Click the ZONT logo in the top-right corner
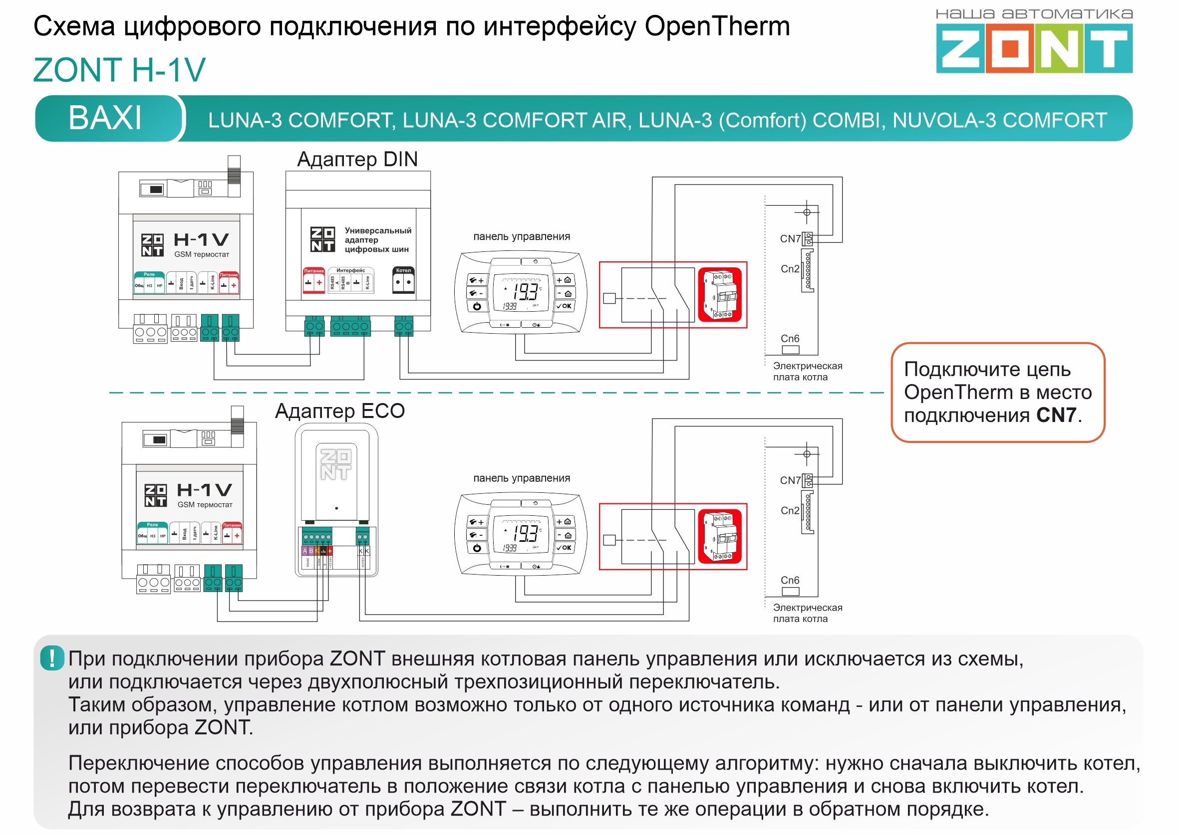(1033, 49)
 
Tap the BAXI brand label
(105, 118)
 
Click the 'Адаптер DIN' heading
(357, 160)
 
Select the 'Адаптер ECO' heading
(339, 411)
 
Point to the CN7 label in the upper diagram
(790, 238)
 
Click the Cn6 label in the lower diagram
(790, 580)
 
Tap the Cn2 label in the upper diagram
(790, 269)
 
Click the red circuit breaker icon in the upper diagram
(720, 295)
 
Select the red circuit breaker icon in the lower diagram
(720, 536)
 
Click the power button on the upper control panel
(477, 306)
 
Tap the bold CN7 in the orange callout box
(1056, 415)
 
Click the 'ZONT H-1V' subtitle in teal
(119, 70)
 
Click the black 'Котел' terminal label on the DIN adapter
(403, 270)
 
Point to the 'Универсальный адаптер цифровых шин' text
(377, 240)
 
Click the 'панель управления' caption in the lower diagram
(521, 478)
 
